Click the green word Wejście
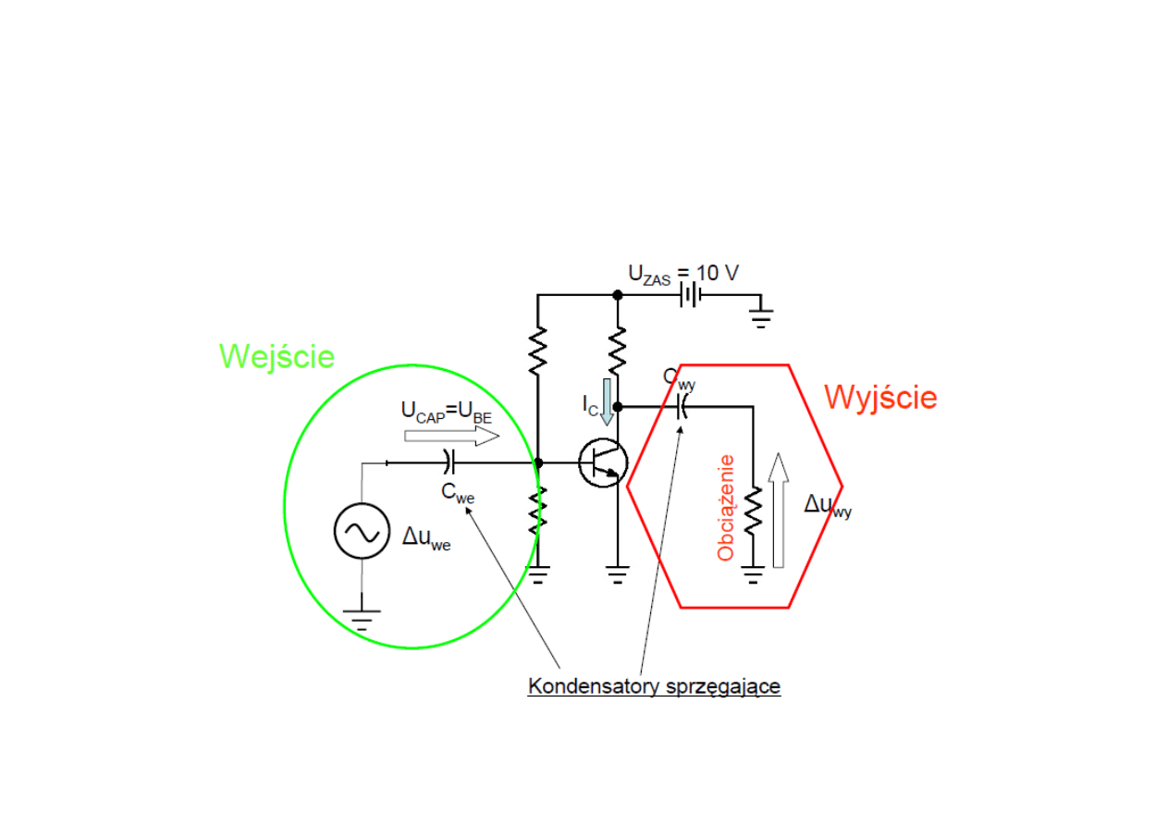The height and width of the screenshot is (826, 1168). tap(277, 356)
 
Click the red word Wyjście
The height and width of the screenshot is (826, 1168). tap(879, 398)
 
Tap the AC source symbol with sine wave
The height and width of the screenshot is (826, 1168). tap(361, 530)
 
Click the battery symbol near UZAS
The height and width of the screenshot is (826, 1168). tap(691, 295)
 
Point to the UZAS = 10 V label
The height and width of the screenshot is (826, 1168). tap(683, 273)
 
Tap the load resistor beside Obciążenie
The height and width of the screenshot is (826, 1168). tap(754, 512)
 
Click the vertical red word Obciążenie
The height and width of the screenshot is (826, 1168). tap(726, 508)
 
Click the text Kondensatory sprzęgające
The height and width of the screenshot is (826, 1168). tap(654, 687)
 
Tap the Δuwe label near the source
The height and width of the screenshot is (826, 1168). tap(426, 537)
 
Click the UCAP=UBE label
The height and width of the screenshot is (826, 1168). tap(447, 411)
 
